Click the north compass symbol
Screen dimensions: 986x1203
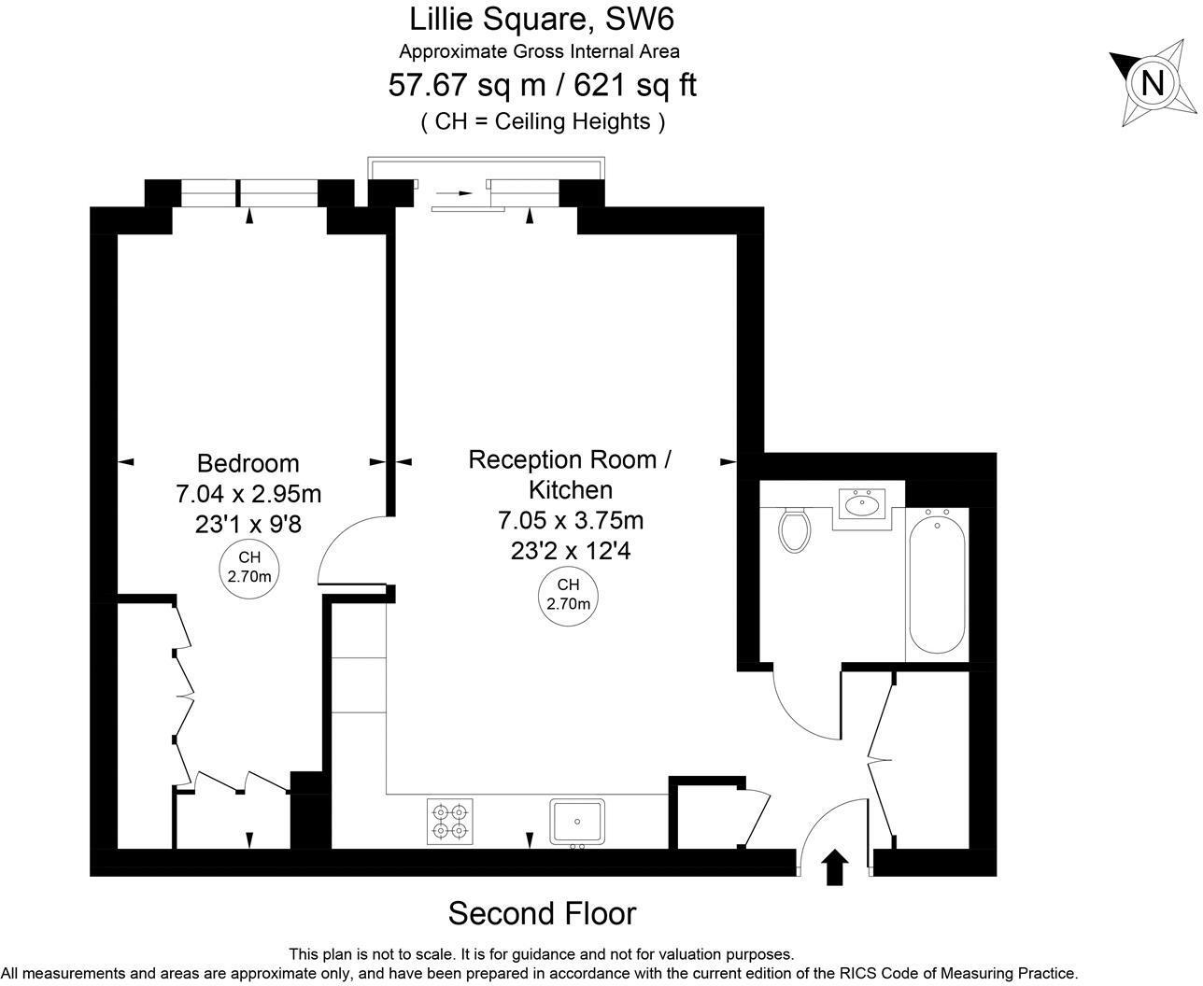pyautogui.click(x=1153, y=84)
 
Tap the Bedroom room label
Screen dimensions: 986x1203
pyautogui.click(x=248, y=463)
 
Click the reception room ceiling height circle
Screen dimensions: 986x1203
pyautogui.click(x=569, y=594)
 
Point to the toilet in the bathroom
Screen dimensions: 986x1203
pyautogui.click(x=795, y=529)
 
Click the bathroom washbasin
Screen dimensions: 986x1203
pyautogui.click(x=868, y=504)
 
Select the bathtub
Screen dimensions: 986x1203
pyautogui.click(x=937, y=582)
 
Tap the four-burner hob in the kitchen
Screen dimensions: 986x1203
pyautogui.click(x=449, y=822)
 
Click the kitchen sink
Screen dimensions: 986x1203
pyautogui.click(x=577, y=821)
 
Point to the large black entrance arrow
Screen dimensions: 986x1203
pyautogui.click(x=835, y=866)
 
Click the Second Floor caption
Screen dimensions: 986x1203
pyautogui.click(x=542, y=913)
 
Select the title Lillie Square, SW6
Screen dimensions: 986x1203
pyautogui.click(x=542, y=18)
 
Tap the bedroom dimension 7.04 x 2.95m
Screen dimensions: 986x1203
pyautogui.click(x=248, y=493)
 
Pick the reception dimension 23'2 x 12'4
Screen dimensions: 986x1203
pyautogui.click(x=571, y=551)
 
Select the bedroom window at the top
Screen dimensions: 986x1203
pyautogui.click(x=248, y=192)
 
